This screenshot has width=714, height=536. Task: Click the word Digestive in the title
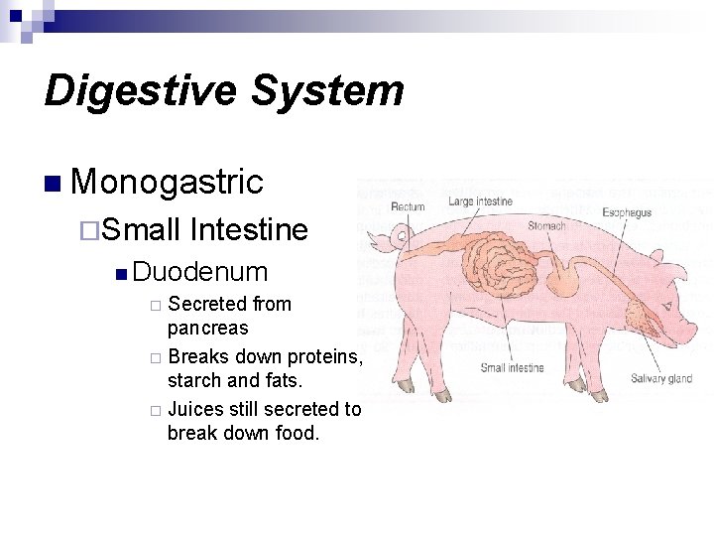pyautogui.click(x=139, y=90)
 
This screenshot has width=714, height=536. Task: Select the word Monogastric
pyautogui.click(x=167, y=182)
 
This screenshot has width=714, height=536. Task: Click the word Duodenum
pyautogui.click(x=200, y=271)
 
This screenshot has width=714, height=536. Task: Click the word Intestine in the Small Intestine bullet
pyautogui.click(x=248, y=230)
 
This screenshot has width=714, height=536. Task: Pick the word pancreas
pyautogui.click(x=208, y=328)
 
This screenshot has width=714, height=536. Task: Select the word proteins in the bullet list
pyautogui.click(x=324, y=355)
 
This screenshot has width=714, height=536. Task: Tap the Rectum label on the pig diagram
pyautogui.click(x=408, y=206)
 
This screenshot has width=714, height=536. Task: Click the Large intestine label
pyautogui.click(x=480, y=201)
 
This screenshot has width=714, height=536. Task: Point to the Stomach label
pyautogui.click(x=546, y=226)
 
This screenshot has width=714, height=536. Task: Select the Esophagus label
pyautogui.click(x=627, y=212)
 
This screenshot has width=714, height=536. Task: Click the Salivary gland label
pyautogui.click(x=660, y=378)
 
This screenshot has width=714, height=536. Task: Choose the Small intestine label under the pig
pyautogui.click(x=512, y=367)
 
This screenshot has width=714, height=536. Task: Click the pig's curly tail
pyautogui.click(x=378, y=238)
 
